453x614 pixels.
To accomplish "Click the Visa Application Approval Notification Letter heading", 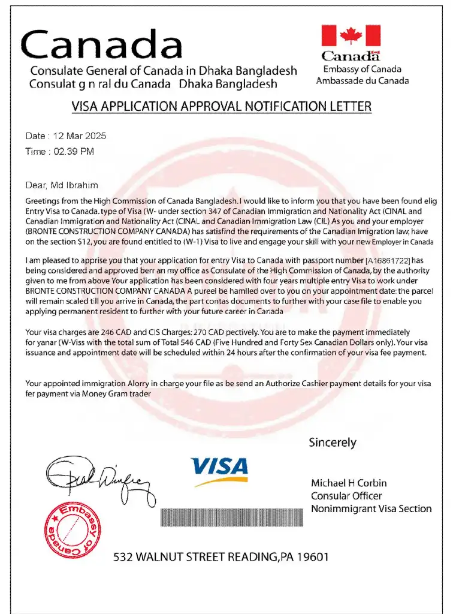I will coord(222,107).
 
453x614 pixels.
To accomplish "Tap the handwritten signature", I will coord(96,477).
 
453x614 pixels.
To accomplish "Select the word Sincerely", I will coord(333,443).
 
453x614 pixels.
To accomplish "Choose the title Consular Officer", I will coord(346,496).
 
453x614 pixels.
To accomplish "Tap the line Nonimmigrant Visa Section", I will coord(371,508).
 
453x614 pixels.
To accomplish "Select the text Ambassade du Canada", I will coord(363,80).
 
